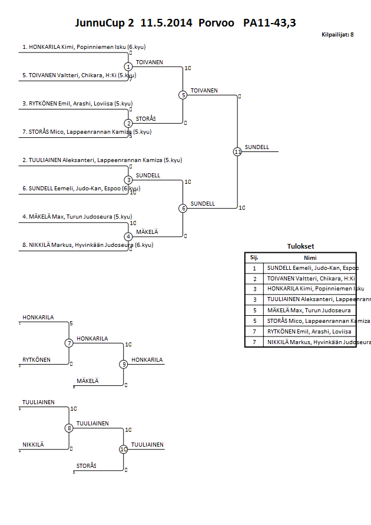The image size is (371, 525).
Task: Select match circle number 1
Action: (128, 67)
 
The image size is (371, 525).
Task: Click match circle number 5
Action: (183, 95)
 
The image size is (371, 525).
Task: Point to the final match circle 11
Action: (237, 151)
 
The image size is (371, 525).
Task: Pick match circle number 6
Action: (183, 208)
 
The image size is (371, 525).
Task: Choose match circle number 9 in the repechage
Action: (124, 364)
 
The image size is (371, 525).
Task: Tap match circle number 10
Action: (124, 449)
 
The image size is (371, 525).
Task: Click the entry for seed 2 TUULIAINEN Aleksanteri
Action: (102, 160)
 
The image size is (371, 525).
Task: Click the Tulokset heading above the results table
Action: (300, 247)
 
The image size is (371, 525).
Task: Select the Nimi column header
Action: (310, 257)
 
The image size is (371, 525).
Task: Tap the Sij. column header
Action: (254, 257)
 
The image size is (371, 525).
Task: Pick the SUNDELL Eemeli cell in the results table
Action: (310, 268)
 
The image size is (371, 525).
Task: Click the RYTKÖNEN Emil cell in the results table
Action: (310, 331)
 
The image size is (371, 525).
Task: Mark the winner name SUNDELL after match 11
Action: (257, 147)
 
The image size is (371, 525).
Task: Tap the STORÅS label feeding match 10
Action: (87, 466)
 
